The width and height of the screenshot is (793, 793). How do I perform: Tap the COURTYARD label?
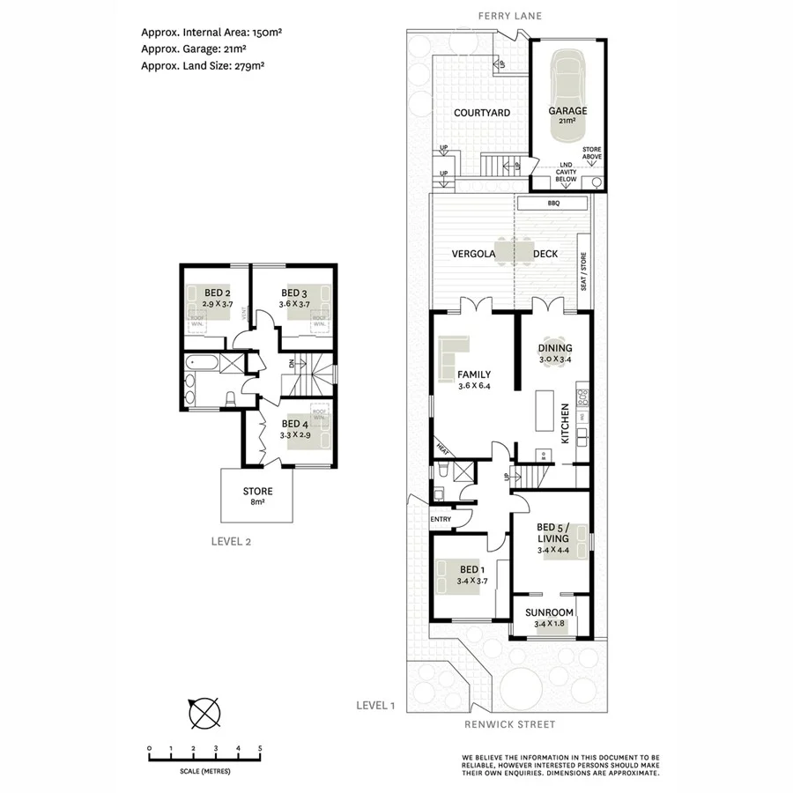tap(482, 113)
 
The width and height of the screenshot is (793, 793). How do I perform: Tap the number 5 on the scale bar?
tap(259, 748)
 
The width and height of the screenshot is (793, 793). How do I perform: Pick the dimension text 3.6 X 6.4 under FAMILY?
tap(473, 386)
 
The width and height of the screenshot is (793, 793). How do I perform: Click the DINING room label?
tap(555, 348)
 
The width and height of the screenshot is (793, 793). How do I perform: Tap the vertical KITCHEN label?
tap(565, 423)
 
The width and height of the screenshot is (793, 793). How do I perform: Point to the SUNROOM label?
tap(550, 612)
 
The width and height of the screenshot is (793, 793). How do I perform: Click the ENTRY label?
tap(441, 519)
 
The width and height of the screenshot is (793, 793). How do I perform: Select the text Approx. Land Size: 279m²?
tap(204, 64)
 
